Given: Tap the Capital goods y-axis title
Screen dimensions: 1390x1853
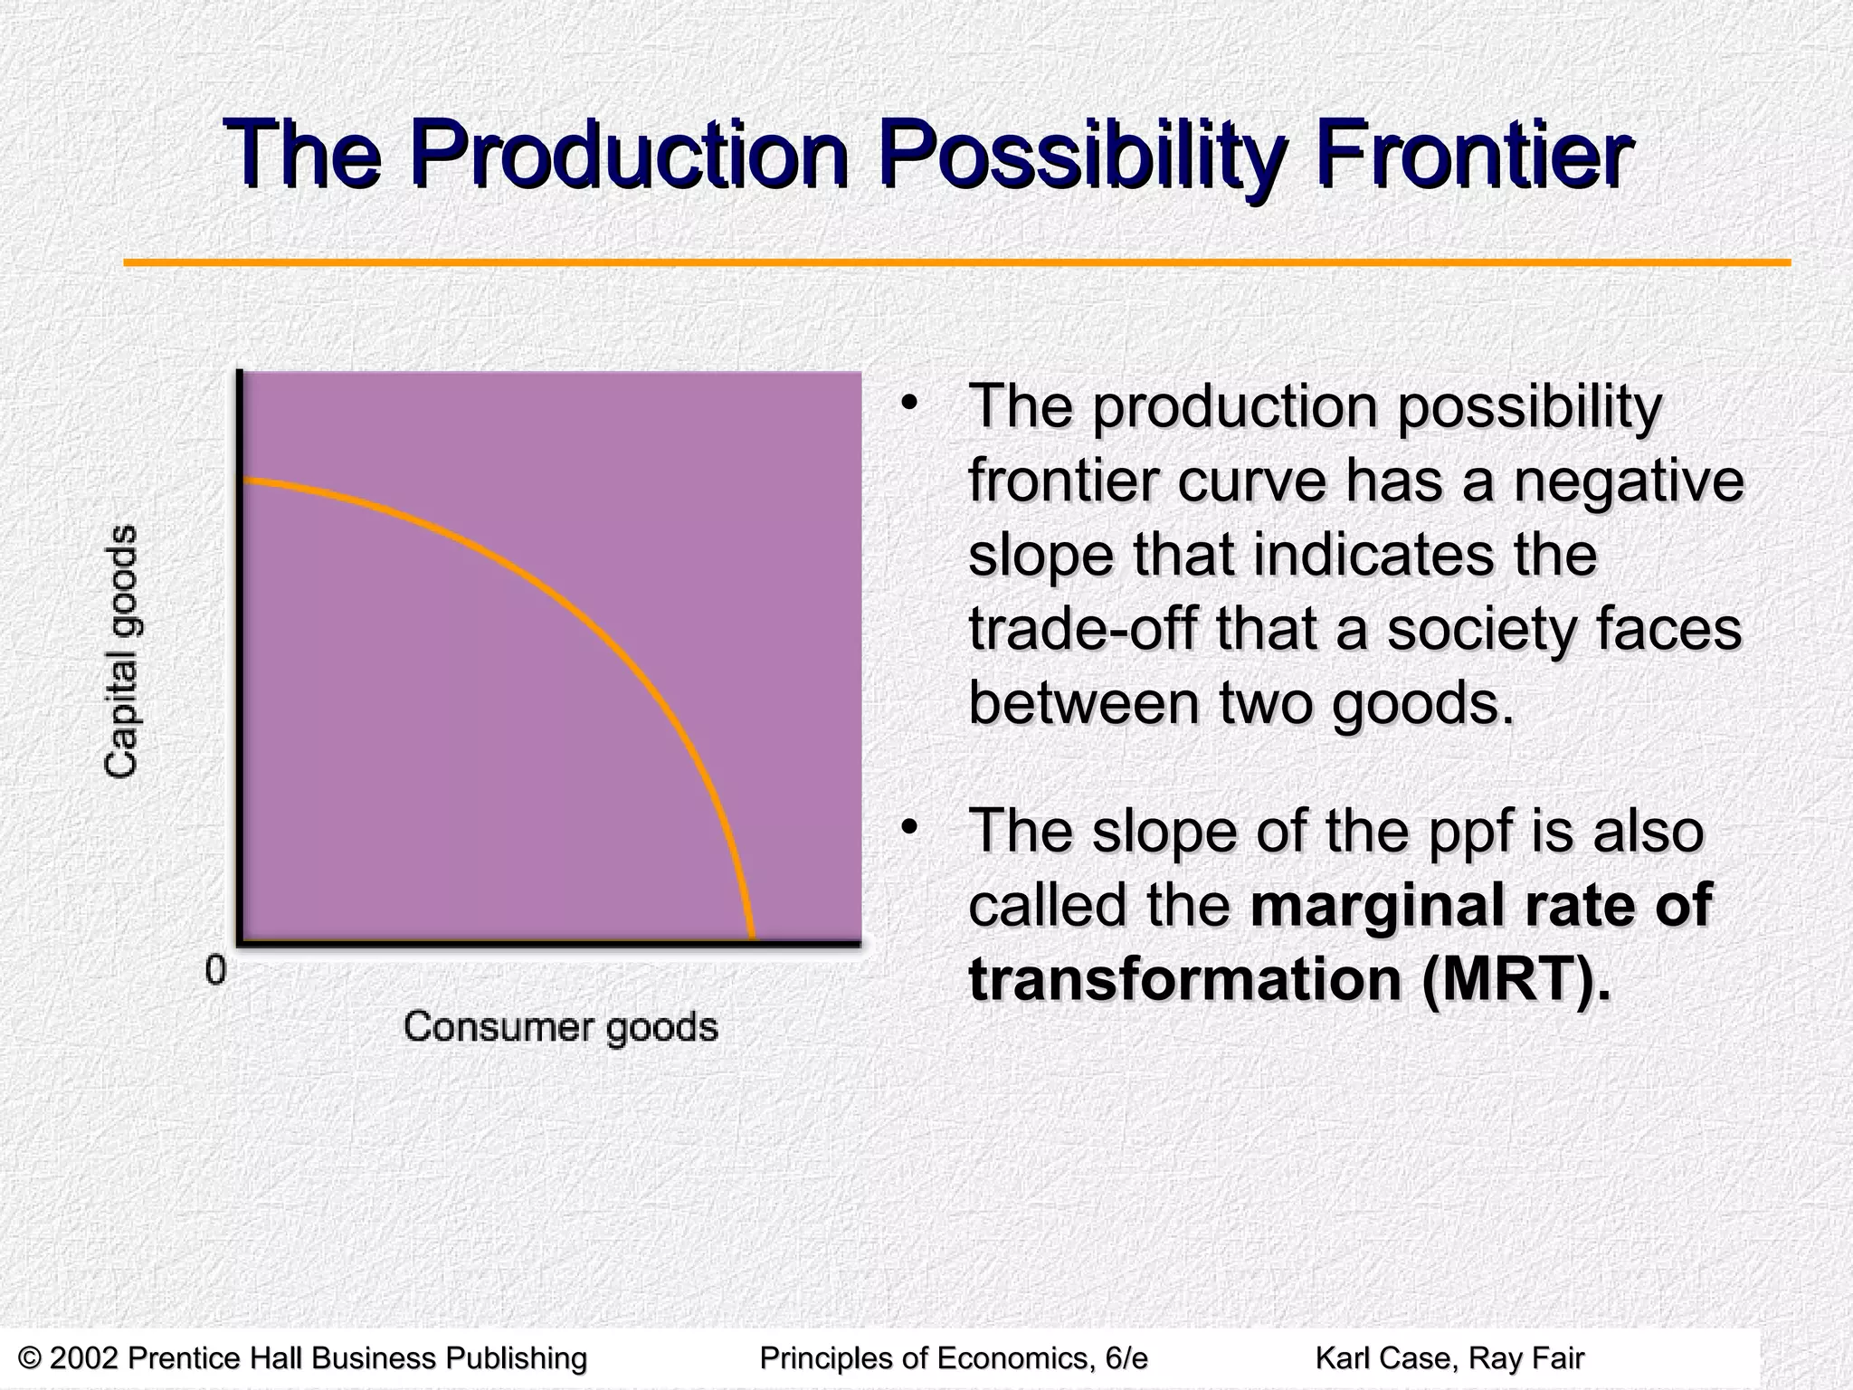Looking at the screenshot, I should coord(121,651).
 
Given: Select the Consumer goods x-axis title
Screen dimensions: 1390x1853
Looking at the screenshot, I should coord(560,1027).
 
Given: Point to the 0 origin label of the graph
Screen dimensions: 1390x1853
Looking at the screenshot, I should coord(215,971).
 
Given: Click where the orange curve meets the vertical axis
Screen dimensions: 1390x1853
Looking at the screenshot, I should coord(242,480).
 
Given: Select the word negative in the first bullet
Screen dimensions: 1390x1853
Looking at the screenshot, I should coord(1628,481).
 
